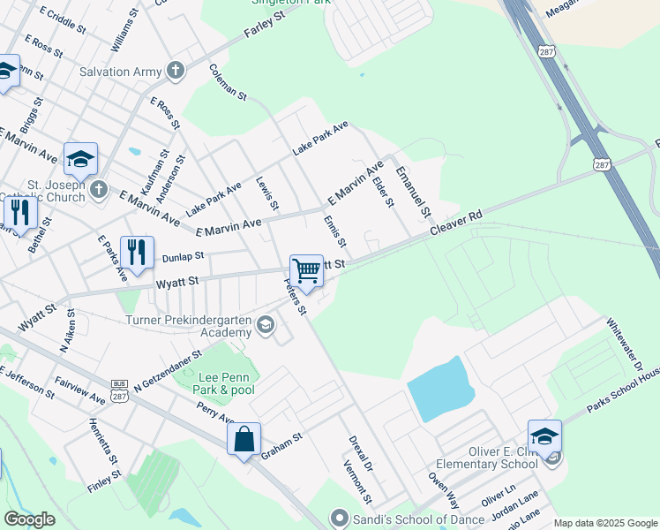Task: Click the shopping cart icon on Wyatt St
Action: [306, 270]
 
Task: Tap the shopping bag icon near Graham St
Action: [244, 439]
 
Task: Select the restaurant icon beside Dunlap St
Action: [137, 253]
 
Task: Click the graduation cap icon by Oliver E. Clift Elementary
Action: [544, 435]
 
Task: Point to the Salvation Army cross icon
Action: [176, 72]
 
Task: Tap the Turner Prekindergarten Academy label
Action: [189, 326]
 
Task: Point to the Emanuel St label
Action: [412, 192]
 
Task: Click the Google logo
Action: [30, 519]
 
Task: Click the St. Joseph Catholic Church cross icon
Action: [99, 189]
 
